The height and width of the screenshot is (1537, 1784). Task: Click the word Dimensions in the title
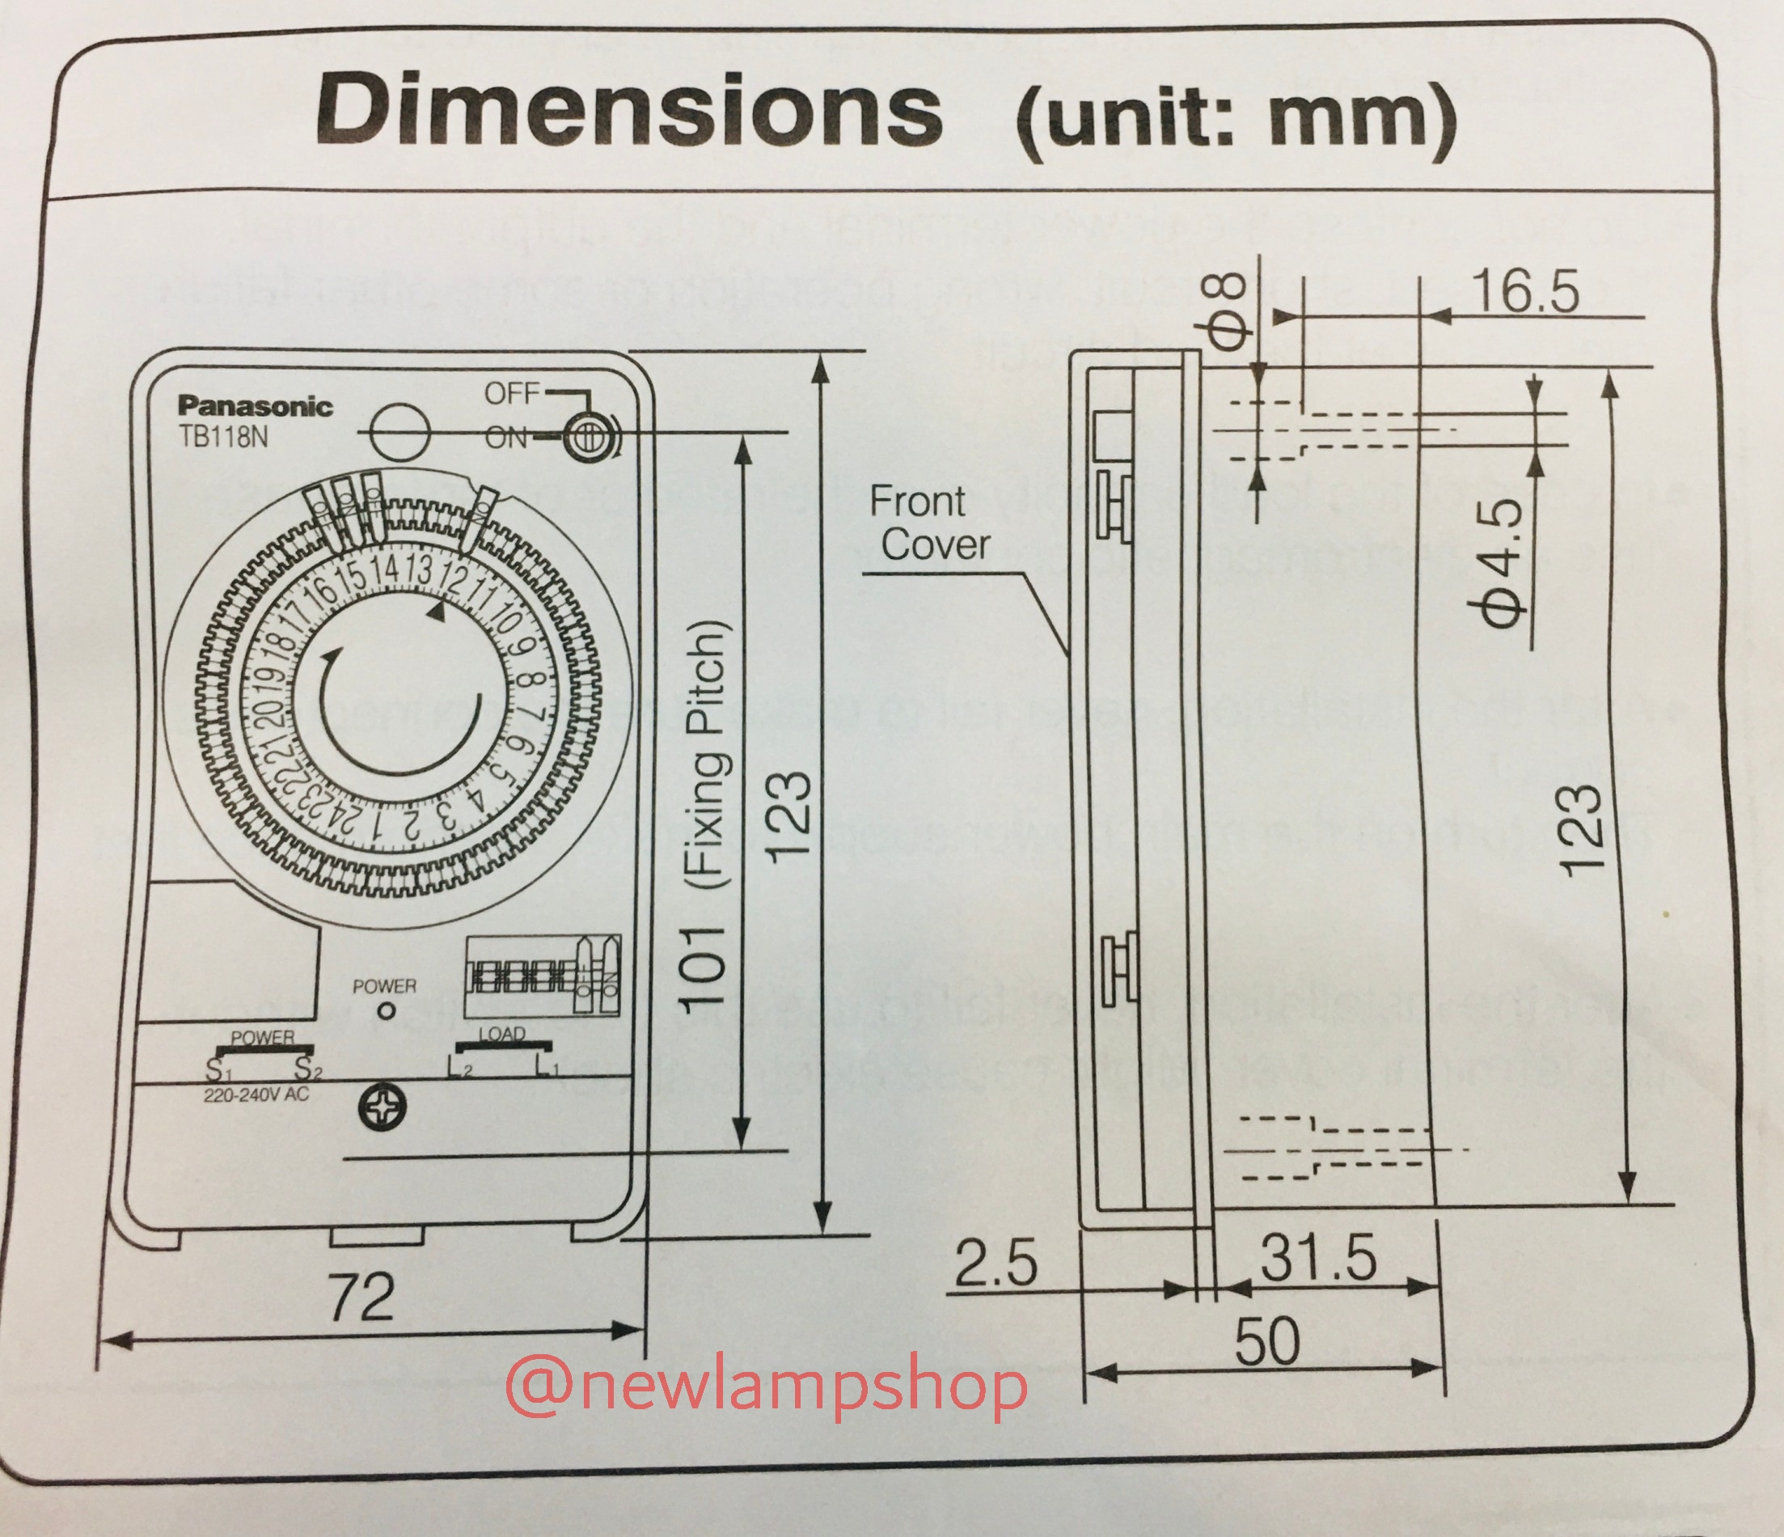(x=629, y=112)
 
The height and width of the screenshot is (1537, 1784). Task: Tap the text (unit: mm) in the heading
(x=1237, y=120)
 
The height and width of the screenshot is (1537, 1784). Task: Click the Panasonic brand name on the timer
(x=255, y=406)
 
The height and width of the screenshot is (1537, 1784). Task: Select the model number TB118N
(x=223, y=437)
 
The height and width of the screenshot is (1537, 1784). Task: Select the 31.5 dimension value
(x=1318, y=1258)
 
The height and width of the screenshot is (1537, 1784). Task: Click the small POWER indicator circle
(x=387, y=1011)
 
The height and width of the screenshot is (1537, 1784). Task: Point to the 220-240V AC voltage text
(x=256, y=1095)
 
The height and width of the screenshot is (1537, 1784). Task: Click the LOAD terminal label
(x=501, y=1034)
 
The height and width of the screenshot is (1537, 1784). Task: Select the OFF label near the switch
(x=511, y=393)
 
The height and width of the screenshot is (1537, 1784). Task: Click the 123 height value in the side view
(x=1583, y=831)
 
